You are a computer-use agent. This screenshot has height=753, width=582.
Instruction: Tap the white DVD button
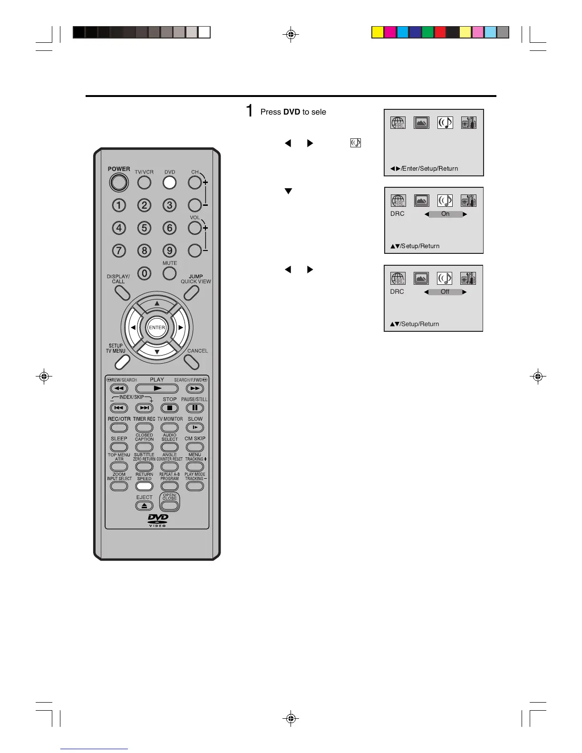coord(169,183)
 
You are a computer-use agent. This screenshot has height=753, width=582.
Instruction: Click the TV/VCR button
coord(144,183)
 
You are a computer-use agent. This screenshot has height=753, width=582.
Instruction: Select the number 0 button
coord(144,273)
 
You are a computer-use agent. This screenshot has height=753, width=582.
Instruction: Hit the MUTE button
coord(169,273)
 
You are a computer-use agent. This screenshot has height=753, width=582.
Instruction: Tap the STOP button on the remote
coord(169,408)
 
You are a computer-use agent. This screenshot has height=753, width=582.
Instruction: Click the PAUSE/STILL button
coord(194,408)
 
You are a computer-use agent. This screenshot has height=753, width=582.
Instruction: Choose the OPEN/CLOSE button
coord(169,505)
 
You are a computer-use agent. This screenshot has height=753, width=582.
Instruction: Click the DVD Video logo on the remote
coord(158,520)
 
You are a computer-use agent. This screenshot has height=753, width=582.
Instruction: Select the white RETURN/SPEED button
coord(144,486)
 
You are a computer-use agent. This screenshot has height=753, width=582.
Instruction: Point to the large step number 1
coord(249,111)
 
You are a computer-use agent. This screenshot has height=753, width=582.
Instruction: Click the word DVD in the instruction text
coord(291,112)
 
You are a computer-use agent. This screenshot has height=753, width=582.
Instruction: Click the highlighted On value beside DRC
coord(445,214)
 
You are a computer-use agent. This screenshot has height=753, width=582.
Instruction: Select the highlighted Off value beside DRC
coord(445,292)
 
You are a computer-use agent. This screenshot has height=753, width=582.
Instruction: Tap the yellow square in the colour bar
coord(378,32)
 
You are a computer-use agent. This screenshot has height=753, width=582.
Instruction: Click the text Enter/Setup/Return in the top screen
coord(430,169)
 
